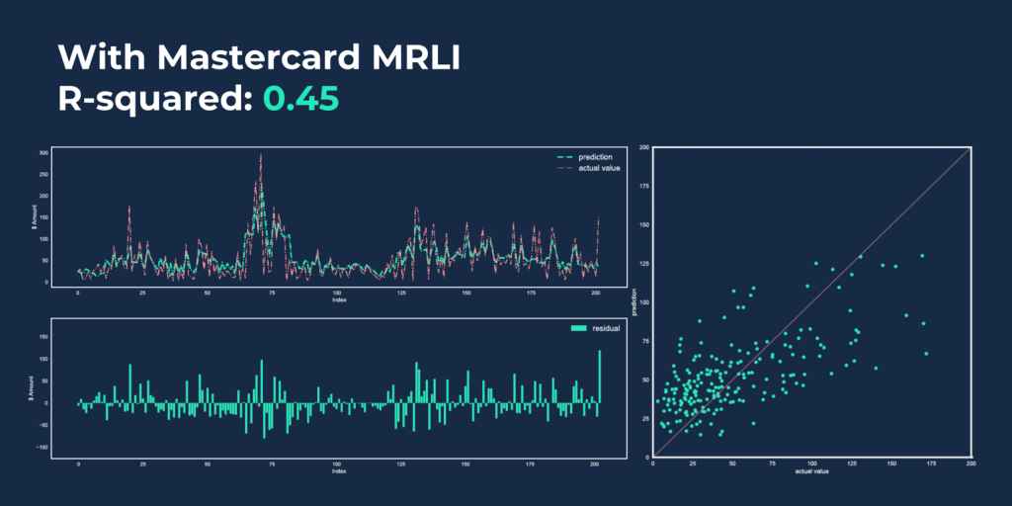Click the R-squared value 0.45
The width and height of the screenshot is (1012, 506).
pyautogui.click(x=300, y=99)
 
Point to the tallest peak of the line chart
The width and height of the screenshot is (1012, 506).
pyautogui.click(x=260, y=155)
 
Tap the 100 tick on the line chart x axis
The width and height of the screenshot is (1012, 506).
pyautogui.click(x=338, y=294)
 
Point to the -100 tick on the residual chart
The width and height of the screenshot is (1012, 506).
pyautogui.click(x=42, y=447)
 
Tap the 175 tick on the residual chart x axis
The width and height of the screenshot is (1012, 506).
pyautogui.click(x=532, y=464)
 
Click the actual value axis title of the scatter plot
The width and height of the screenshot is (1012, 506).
pyautogui.click(x=812, y=470)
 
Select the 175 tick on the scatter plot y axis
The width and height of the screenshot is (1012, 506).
pyautogui.click(x=642, y=187)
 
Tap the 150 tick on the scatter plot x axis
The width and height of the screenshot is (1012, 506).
pyautogui.click(x=892, y=464)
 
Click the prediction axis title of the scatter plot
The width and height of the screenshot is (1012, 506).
pyautogui.click(x=632, y=301)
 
